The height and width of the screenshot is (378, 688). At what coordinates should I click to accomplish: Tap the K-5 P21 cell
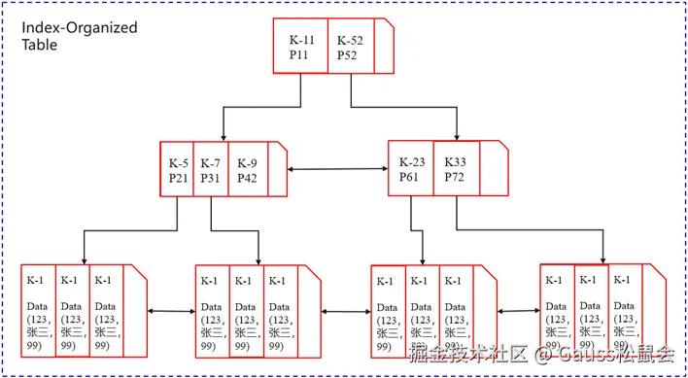pyautogui.click(x=179, y=170)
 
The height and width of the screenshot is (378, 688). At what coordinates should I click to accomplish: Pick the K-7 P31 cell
pyautogui.click(x=211, y=170)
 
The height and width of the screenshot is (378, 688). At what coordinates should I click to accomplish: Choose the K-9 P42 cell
pyautogui.click(x=248, y=170)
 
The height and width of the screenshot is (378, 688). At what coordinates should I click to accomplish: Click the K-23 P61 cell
pyautogui.click(x=410, y=170)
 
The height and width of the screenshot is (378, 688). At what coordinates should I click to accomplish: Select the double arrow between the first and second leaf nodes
pyautogui.click(x=171, y=311)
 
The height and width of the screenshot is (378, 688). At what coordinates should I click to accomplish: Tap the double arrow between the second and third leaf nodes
pyautogui.click(x=345, y=311)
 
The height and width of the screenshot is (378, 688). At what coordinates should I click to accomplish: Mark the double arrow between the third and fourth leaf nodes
pyautogui.click(x=518, y=311)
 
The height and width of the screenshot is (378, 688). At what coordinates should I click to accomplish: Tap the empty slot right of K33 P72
pyautogui.click(x=493, y=170)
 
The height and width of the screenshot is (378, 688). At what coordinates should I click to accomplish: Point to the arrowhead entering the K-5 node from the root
pyautogui.click(x=224, y=137)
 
